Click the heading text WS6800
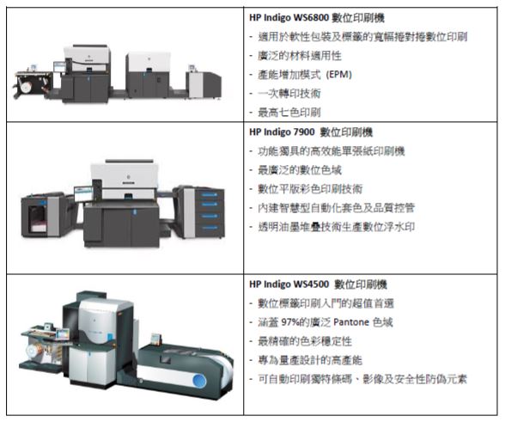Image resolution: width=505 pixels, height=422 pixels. [x=311, y=18]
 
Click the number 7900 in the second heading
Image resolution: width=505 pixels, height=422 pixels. [x=302, y=132]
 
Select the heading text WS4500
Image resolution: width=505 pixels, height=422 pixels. [x=311, y=284]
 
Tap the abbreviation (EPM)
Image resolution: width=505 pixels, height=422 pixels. [x=338, y=75]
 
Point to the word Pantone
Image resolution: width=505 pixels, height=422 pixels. [x=351, y=322]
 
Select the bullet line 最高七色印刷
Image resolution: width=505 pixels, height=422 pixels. [x=289, y=113]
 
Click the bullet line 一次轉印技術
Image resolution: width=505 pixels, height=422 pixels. [x=289, y=94]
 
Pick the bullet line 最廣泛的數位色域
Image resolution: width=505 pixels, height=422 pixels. [x=300, y=170]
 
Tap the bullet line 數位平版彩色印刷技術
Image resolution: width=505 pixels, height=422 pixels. [x=310, y=189]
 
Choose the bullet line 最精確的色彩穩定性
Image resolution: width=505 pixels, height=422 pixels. [x=305, y=341]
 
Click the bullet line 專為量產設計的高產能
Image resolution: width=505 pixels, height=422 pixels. [x=310, y=360]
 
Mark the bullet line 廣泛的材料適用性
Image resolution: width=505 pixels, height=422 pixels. [x=300, y=56]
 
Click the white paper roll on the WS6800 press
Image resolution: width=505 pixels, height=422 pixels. [x=26, y=87]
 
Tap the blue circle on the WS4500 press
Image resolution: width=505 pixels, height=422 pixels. [x=199, y=382]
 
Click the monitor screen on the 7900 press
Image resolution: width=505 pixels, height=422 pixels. [x=84, y=193]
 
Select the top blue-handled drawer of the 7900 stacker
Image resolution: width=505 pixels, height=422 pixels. [x=210, y=195]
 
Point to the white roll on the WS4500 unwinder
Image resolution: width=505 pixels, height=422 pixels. [x=33, y=352]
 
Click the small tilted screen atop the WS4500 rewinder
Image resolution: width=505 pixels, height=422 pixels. [x=156, y=338]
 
